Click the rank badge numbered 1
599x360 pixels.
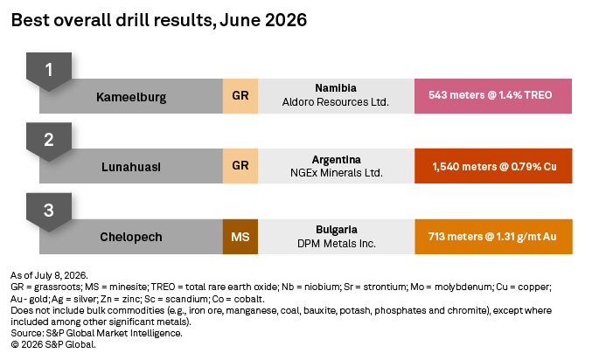(49, 71)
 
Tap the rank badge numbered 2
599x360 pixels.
(49, 141)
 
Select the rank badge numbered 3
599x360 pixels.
(49, 211)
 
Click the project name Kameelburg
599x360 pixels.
(131, 97)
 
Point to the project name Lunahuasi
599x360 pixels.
(131, 167)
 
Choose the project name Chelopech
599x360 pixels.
(131, 237)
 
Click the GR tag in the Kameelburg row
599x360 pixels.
(240, 96)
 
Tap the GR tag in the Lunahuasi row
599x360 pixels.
(240, 166)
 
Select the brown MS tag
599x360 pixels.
(240, 237)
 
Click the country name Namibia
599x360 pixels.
(336, 88)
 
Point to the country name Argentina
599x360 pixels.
(336, 160)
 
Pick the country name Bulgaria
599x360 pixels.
(337, 230)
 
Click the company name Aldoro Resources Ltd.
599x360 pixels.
(336, 102)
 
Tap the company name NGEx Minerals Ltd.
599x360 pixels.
(336, 173)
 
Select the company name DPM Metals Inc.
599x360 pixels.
(337, 244)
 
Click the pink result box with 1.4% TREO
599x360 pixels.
(493, 96)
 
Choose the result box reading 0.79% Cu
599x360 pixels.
(493, 166)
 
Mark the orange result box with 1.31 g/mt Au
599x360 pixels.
(493, 237)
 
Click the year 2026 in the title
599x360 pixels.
(286, 20)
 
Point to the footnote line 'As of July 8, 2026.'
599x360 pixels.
(49, 275)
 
